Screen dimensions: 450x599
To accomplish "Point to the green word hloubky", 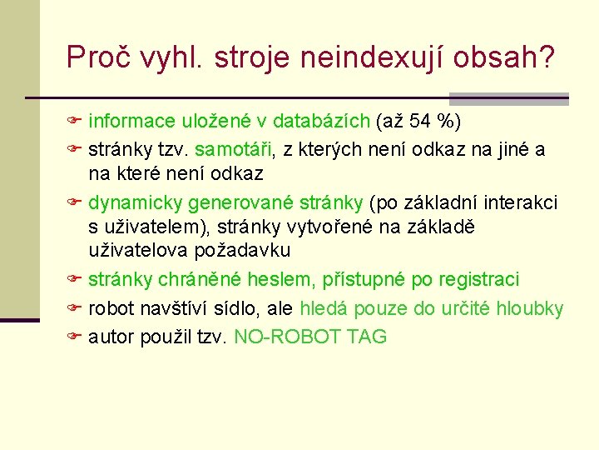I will click(x=529, y=309).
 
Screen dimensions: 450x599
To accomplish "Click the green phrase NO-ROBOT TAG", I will click(x=310, y=337).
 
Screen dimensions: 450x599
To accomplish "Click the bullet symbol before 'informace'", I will click(x=73, y=122).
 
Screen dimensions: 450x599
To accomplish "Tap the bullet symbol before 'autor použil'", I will click(x=73, y=337).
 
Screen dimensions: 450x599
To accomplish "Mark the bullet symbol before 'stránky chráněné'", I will click(x=73, y=279).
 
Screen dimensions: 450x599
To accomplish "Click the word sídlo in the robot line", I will click(x=238, y=309).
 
